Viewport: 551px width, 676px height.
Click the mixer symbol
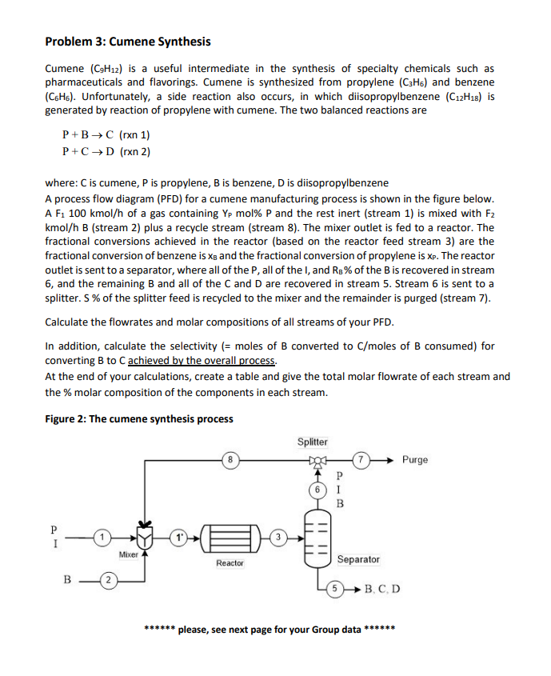tap(144, 534)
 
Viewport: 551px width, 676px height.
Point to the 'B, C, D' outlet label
tap(382, 591)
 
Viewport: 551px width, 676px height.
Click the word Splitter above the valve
tap(312, 442)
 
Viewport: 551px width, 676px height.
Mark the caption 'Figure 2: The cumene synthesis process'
tap(139, 418)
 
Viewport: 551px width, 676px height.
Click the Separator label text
tap(358, 559)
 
